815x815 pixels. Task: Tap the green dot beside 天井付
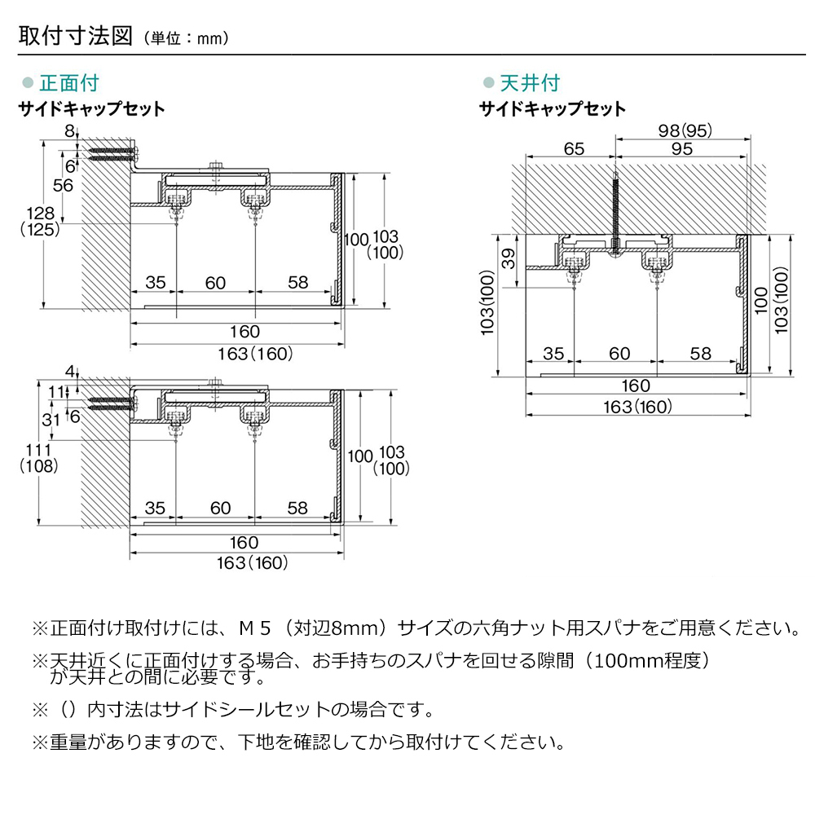pos(489,83)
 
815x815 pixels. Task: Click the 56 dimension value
pos(63,185)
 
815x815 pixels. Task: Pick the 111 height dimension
pos(40,451)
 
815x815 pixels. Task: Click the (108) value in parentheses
pos(40,466)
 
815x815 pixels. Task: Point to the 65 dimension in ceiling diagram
pos(574,148)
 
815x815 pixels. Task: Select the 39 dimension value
pos(508,258)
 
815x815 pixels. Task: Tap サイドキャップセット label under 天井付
pos(552,108)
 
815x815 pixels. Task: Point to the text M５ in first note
pos(252,628)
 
